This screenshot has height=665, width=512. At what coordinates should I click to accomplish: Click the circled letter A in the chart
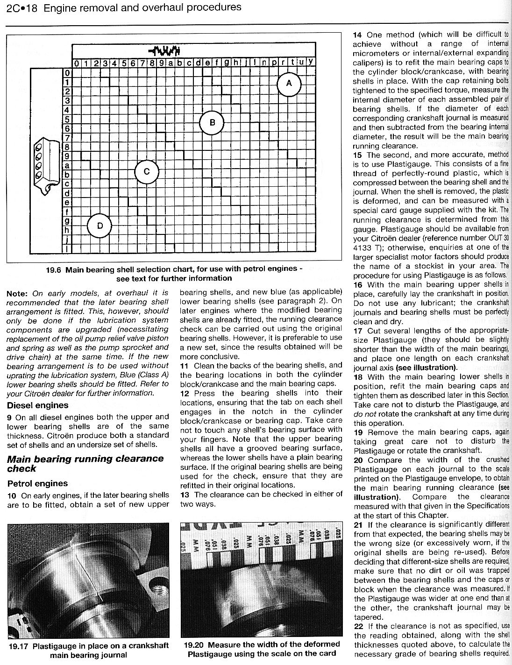tap(289, 83)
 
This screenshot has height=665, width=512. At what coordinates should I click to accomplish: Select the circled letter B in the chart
tap(212, 123)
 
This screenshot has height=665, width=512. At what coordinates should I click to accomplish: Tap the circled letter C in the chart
tap(146, 172)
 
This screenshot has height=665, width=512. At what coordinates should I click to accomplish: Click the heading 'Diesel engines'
tap(37, 405)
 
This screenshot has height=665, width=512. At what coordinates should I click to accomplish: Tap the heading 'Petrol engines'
tap(37, 483)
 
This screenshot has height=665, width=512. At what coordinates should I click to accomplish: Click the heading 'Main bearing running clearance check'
tap(85, 463)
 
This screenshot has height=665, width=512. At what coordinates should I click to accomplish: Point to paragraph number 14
tap(358, 35)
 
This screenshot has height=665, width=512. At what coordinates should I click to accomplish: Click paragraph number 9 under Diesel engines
tap(9, 417)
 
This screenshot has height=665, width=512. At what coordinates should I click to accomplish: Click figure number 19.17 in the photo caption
tap(20, 646)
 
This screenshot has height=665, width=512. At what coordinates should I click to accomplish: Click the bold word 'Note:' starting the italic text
tap(18, 293)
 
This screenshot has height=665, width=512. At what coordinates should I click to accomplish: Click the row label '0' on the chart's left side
tap(67, 73)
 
